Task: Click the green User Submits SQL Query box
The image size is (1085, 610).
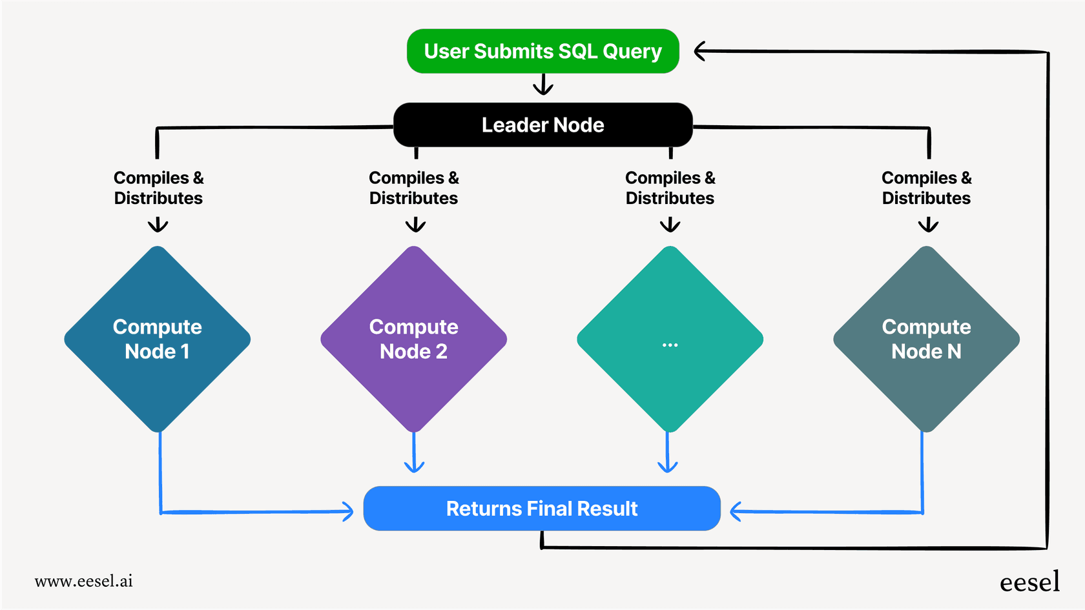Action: pyautogui.click(x=542, y=51)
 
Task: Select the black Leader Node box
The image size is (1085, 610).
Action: pyautogui.click(x=542, y=125)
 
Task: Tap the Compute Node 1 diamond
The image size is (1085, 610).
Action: pyautogui.click(x=158, y=339)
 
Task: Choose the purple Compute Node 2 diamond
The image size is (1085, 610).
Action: pyautogui.click(x=413, y=339)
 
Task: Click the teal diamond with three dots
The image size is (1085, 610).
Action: pyautogui.click(x=670, y=339)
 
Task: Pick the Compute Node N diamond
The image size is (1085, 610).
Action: pyautogui.click(x=926, y=339)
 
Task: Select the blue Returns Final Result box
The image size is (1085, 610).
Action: pyautogui.click(x=541, y=509)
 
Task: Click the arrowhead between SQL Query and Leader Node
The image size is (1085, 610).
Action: pyautogui.click(x=543, y=87)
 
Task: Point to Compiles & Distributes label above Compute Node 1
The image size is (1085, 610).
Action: pyautogui.click(x=158, y=188)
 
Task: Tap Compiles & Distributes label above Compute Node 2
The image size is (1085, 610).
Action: pyautogui.click(x=413, y=188)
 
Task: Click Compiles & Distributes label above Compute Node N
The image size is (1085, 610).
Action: pyautogui.click(x=926, y=188)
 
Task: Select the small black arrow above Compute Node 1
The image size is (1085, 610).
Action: pyautogui.click(x=158, y=225)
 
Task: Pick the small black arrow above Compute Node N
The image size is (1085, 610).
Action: pyautogui.click(x=928, y=225)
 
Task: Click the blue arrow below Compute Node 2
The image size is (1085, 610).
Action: pyautogui.click(x=414, y=465)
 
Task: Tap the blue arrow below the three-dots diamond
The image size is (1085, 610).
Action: pyautogui.click(x=667, y=465)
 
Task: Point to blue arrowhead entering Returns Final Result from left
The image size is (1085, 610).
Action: pyautogui.click(x=348, y=512)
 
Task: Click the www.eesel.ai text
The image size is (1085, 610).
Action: pyautogui.click(x=84, y=581)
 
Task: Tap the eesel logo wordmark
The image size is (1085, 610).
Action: pyautogui.click(x=1029, y=582)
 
